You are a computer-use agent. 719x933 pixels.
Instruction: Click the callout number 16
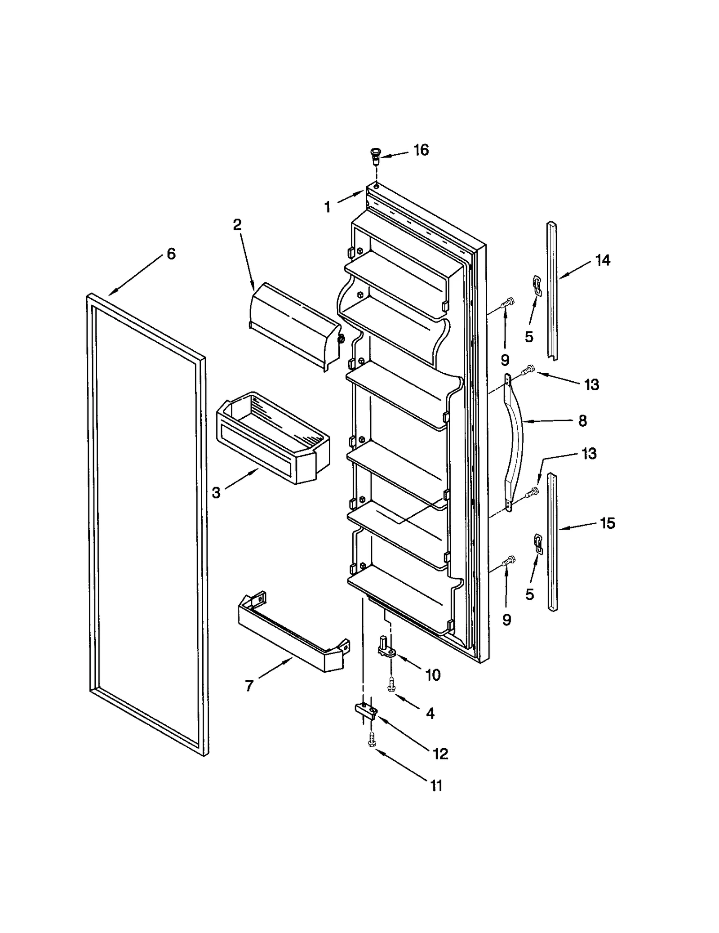(421, 150)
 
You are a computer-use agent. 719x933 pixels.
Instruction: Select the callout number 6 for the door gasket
(171, 254)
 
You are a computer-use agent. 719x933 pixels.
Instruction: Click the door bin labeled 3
(273, 438)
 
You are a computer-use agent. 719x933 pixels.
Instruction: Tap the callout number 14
(603, 260)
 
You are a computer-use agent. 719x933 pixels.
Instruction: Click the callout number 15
(608, 523)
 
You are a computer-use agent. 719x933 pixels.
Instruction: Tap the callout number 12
(440, 754)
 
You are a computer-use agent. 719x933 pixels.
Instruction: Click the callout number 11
(436, 786)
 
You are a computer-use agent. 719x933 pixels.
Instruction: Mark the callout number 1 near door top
(328, 207)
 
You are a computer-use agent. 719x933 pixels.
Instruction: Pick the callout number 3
(216, 493)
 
